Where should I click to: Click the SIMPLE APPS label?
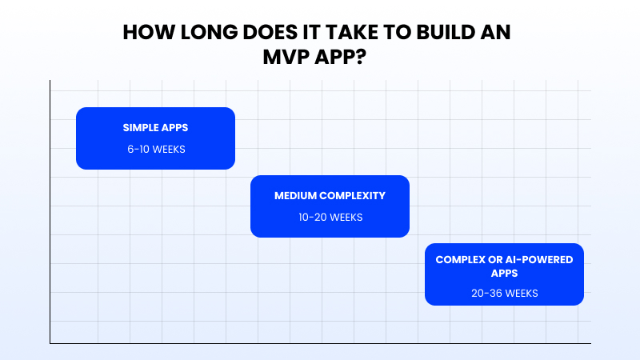click(x=155, y=127)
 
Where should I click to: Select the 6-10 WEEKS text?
click(x=155, y=149)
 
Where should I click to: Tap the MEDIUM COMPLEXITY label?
click(x=330, y=195)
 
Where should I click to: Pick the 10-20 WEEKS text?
click(x=330, y=218)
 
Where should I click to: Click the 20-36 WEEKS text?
click(x=504, y=293)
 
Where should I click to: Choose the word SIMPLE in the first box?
click(x=141, y=127)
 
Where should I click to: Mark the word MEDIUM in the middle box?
click(x=294, y=195)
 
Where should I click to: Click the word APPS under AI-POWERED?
click(x=504, y=273)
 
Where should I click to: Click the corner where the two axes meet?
click(x=50, y=343)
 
